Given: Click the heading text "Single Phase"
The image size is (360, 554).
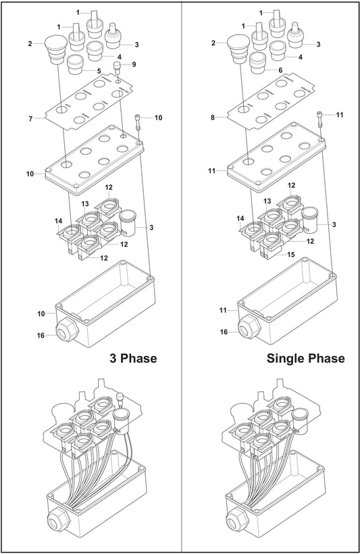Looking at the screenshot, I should point(305,358).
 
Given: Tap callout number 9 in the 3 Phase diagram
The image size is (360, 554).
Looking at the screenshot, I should point(134,64).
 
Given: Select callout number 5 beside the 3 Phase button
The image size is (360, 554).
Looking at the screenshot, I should point(99,70).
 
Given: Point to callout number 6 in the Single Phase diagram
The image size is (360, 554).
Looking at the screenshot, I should point(281,70).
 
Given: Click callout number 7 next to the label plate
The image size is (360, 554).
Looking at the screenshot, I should point(30,119).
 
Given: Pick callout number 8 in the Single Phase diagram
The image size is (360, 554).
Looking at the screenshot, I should point(213,117).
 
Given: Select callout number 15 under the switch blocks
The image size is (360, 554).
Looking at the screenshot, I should point(291,255).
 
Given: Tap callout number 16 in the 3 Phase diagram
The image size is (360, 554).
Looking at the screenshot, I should point(41,334).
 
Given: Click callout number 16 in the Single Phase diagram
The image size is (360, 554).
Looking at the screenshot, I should point(223,332).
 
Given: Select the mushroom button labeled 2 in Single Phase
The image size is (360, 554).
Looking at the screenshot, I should point(237,48).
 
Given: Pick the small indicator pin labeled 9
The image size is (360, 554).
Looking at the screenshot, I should point(118,69).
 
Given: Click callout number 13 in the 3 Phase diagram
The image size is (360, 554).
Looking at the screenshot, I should point(84,203).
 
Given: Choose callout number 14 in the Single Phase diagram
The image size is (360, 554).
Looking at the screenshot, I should point(240,219).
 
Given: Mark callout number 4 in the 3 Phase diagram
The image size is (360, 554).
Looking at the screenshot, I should point(119,57).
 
